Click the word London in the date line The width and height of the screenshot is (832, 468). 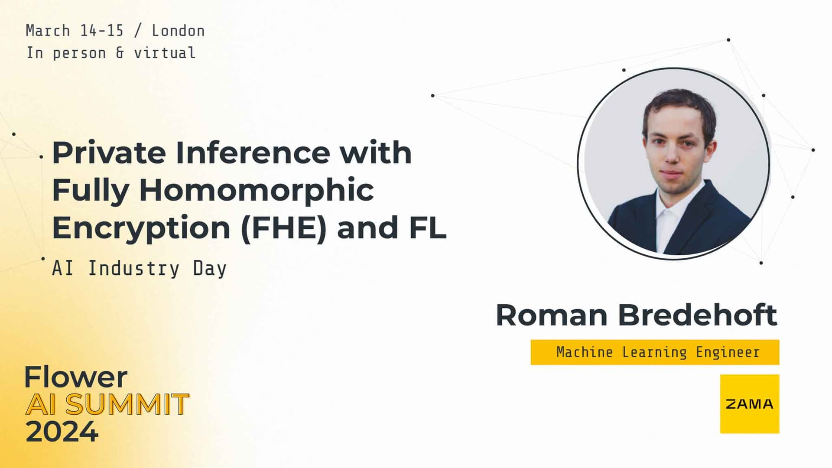178,31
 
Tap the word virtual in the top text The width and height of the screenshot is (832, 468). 165,53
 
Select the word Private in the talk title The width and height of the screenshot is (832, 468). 109,153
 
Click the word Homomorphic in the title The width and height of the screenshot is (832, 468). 256,190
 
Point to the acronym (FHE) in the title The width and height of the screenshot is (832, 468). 283,228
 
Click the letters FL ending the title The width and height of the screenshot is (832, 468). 427,228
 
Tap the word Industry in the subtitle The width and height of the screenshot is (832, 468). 133,268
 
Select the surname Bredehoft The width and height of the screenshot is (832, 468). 697,315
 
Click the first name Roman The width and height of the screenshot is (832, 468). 551,315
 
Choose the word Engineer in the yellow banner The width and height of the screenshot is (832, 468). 728,352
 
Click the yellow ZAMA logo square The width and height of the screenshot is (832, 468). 749,404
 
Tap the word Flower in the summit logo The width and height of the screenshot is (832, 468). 76,377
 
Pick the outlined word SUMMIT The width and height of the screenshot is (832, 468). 127,405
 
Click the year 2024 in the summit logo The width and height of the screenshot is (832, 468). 62,432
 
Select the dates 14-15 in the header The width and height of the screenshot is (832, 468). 102,31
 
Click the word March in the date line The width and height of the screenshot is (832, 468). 48,31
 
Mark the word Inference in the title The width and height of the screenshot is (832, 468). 252,153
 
